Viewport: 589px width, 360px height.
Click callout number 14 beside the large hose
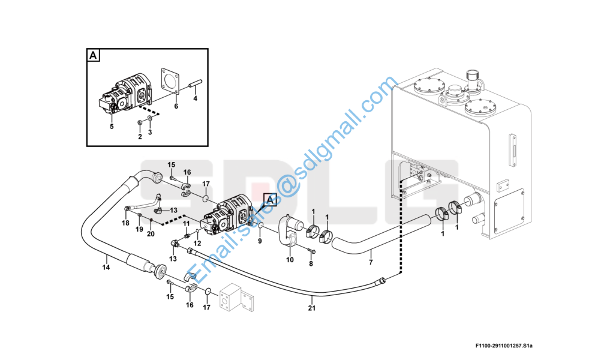106,268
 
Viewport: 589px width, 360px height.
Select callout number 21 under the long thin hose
312,308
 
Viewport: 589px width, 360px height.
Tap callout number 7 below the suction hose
371,262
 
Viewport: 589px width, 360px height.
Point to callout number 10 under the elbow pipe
290,260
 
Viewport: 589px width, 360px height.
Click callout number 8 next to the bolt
311,264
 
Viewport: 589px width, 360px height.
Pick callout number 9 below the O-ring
260,241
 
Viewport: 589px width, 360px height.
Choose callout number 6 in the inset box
176,106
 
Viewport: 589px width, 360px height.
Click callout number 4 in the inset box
195,98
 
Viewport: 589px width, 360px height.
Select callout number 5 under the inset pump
112,127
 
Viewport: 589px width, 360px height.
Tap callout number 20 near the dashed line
151,234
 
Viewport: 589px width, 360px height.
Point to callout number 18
125,223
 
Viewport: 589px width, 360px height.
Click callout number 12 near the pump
197,244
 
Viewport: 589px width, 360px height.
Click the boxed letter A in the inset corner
93,56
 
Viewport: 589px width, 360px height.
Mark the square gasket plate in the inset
170,80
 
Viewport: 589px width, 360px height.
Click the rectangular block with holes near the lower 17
236,298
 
